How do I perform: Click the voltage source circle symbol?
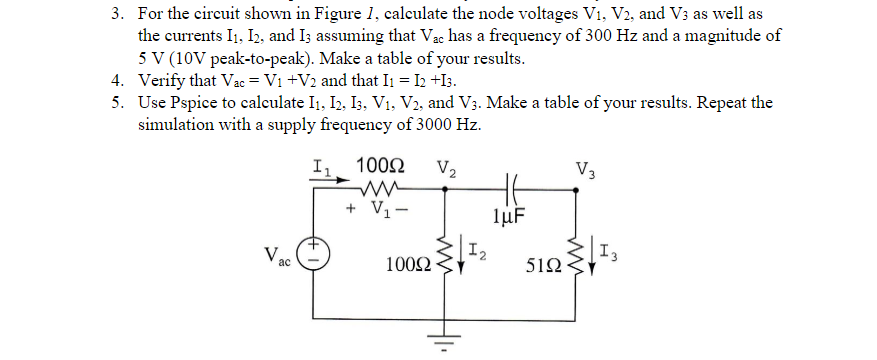[x=312, y=254]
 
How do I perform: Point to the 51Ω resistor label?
[x=540, y=266]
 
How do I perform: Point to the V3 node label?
[x=586, y=167]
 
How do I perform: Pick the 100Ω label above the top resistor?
[x=381, y=164]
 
